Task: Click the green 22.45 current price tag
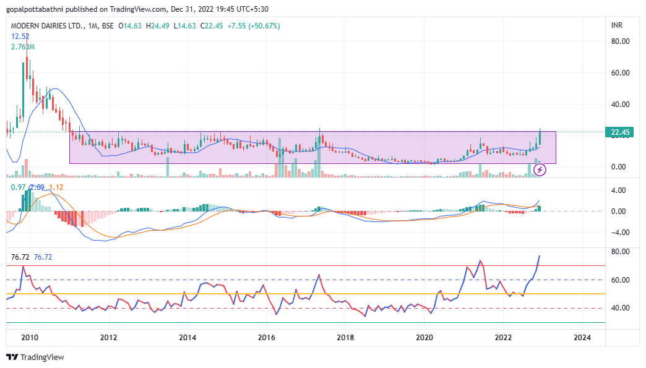tap(619, 132)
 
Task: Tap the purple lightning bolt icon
tap(540, 169)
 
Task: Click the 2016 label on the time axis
tap(266, 338)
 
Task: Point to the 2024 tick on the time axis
tap(582, 338)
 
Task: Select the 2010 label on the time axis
tap(30, 338)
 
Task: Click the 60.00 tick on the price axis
tap(620, 73)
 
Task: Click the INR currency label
tap(617, 25)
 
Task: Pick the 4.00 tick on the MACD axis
tap(618, 190)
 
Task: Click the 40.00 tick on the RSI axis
tap(620, 308)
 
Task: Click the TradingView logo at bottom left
tap(35, 357)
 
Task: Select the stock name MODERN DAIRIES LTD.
tap(48, 26)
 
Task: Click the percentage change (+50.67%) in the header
tap(264, 26)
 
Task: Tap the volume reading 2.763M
tap(23, 47)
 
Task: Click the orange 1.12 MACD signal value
tap(56, 187)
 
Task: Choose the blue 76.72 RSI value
tap(43, 257)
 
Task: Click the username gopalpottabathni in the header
tap(35, 9)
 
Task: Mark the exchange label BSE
tap(108, 26)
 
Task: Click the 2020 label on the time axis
tap(424, 338)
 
